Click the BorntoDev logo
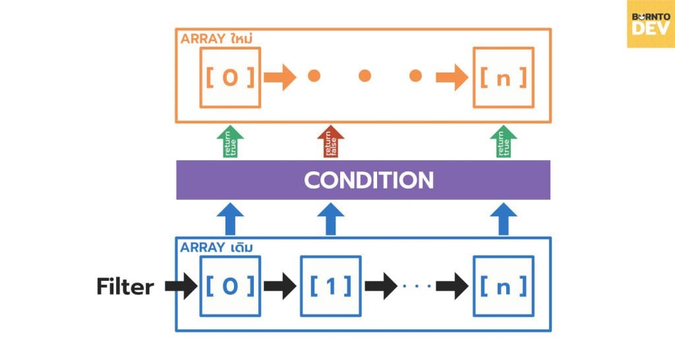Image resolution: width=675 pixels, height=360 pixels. (x=651, y=24)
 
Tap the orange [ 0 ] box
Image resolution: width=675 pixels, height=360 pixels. (x=230, y=77)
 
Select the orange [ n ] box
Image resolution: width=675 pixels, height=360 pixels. (x=504, y=77)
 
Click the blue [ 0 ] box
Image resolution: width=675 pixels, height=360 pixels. (x=230, y=285)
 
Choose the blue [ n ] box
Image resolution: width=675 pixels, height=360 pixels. (x=504, y=285)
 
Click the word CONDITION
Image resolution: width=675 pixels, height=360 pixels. (x=368, y=180)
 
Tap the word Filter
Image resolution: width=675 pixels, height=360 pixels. (x=125, y=287)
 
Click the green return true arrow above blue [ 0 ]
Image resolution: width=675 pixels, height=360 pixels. (x=230, y=142)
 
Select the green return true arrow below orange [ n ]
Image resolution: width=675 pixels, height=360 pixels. (x=504, y=142)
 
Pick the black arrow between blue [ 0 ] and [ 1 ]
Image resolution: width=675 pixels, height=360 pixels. (x=280, y=286)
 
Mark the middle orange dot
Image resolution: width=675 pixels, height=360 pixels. (x=365, y=76)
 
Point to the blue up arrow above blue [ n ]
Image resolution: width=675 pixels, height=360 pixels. (x=504, y=219)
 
